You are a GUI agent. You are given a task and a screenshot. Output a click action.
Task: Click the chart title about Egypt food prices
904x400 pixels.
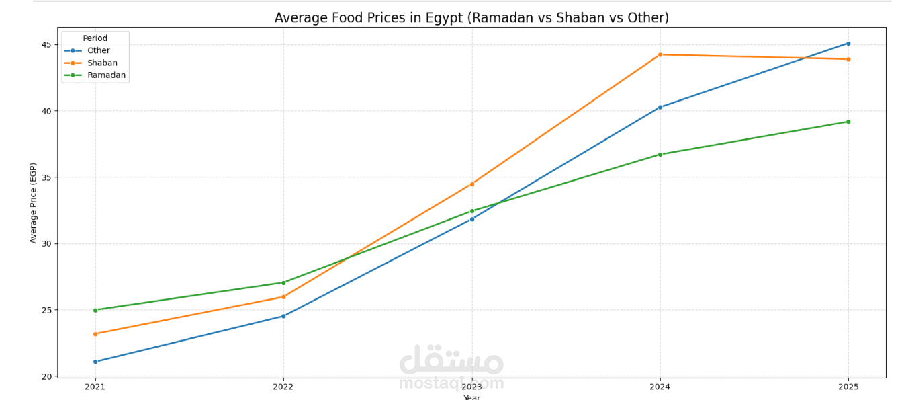471,18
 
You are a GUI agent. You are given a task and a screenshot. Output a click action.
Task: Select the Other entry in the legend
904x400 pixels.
98,50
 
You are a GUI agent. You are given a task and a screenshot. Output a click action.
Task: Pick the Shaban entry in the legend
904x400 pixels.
102,63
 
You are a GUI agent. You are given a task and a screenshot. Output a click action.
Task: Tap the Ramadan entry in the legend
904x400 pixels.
106,75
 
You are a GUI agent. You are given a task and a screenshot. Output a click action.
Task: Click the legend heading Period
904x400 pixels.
95,38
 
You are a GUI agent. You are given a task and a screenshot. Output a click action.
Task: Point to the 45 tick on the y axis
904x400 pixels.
46,45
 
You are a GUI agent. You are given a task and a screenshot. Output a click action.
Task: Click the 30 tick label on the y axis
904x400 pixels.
46,244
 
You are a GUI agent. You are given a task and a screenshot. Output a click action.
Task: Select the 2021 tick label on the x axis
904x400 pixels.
95,387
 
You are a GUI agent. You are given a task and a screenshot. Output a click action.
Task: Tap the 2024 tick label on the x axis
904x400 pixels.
660,387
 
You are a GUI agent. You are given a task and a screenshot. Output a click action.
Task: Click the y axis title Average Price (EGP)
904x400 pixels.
33,202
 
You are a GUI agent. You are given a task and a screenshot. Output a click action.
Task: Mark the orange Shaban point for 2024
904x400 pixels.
660,54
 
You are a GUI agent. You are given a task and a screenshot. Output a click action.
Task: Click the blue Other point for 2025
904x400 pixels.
848,44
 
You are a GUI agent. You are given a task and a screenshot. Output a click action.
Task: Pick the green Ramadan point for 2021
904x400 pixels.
95,310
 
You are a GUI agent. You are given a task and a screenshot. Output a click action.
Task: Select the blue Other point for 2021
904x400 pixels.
95,362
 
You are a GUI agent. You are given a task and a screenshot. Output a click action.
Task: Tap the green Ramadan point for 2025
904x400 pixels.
848,122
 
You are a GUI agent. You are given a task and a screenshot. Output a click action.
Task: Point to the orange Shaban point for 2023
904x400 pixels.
471,184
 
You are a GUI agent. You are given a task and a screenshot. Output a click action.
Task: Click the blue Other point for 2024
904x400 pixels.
660,107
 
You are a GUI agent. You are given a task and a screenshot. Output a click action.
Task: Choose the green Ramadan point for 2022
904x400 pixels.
283,282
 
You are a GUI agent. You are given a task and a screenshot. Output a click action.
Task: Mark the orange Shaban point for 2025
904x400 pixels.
848,59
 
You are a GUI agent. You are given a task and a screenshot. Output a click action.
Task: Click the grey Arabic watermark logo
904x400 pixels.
451,361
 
